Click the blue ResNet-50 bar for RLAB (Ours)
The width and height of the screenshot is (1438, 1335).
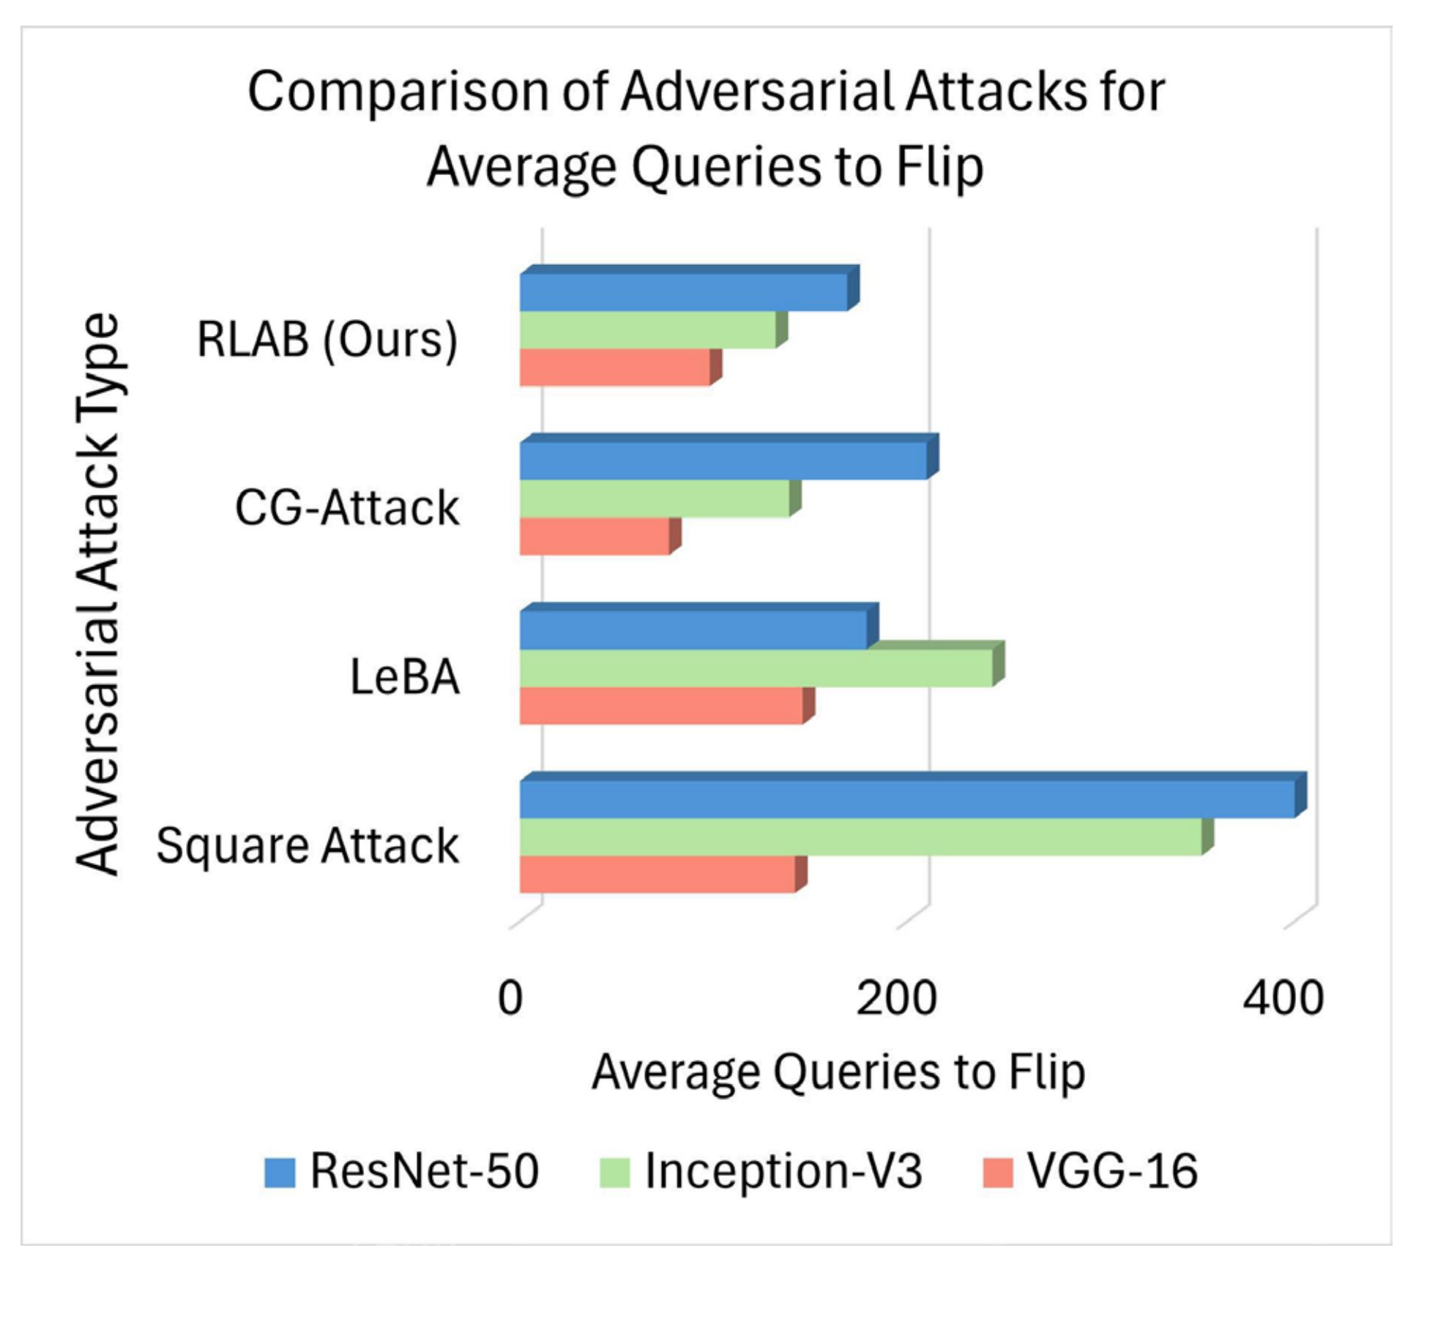683,292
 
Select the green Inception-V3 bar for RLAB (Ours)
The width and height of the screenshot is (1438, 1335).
647,330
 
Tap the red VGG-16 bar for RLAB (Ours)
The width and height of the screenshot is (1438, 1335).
614,367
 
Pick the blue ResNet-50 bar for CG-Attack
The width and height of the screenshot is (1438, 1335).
723,461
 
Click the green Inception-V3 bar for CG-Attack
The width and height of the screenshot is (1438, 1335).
655,499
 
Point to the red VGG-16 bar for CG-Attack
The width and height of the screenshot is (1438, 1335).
594,536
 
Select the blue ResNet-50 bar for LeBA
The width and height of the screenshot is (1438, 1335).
693,630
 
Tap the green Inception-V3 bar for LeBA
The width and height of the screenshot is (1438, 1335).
756,668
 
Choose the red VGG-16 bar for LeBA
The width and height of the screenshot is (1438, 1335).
661,706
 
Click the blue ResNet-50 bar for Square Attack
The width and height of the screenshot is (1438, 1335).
906,799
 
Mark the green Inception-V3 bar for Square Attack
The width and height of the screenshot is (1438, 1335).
860,837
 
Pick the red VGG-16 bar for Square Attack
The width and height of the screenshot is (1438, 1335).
657,875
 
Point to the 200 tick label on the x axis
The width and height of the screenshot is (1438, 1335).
896,998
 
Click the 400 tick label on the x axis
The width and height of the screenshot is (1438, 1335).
1283,998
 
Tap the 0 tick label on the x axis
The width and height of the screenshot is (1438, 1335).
510,998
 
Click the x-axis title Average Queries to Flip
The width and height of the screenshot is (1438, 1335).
838,1073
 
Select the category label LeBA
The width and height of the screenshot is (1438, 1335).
405,677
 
